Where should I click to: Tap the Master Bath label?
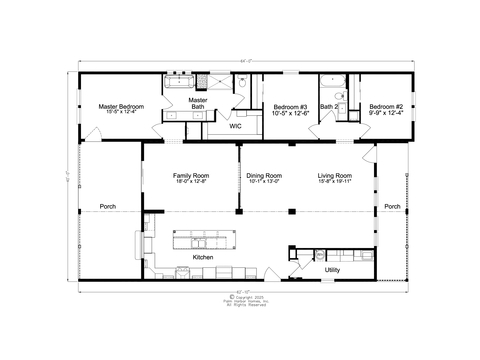(198, 103)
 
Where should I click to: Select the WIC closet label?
(235, 127)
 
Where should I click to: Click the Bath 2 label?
(329, 106)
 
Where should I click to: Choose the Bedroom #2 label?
(385, 106)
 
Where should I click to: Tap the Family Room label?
(190, 175)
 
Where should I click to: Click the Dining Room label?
(264, 175)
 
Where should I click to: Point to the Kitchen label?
(203, 256)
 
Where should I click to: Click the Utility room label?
(332, 268)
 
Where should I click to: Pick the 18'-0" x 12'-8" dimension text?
(190, 181)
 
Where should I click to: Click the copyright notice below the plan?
(240, 300)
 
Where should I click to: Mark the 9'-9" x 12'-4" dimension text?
(385, 112)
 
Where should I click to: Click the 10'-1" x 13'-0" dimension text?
(264, 181)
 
